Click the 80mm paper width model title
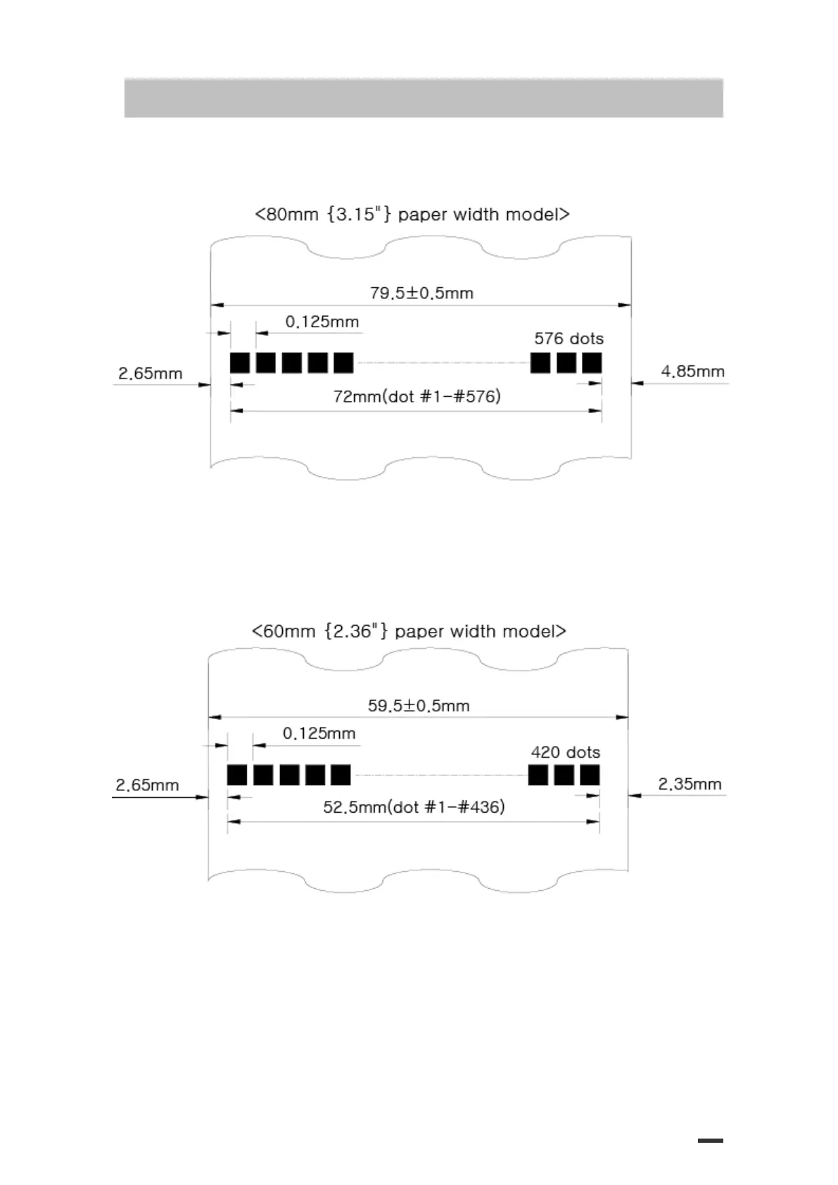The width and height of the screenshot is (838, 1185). [x=412, y=214]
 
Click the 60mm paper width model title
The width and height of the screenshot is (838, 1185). [x=409, y=631]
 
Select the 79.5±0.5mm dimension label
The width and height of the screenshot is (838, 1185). [x=421, y=293]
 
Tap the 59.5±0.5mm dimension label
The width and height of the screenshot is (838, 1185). [x=419, y=705]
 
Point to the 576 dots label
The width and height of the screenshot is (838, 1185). [x=569, y=338]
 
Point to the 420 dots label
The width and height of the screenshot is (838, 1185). [x=565, y=752]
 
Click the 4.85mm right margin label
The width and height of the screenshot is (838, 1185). [x=692, y=371]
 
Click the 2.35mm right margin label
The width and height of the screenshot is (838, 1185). [x=690, y=784]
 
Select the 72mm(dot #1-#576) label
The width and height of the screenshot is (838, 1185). [x=417, y=396]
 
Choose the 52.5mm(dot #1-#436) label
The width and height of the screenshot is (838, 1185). [x=414, y=807]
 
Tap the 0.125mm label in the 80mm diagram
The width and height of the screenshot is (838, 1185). [x=322, y=322]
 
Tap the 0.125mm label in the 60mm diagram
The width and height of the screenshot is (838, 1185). [x=319, y=733]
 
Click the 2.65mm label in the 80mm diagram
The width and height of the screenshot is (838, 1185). [x=150, y=373]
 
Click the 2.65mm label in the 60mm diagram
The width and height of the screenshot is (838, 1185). [x=147, y=785]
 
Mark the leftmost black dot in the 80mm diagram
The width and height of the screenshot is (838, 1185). [x=240, y=363]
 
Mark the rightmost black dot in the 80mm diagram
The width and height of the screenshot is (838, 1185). [x=592, y=363]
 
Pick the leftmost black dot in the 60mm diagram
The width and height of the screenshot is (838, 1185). [x=237, y=775]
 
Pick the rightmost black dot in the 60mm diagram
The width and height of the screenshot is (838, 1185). [x=590, y=775]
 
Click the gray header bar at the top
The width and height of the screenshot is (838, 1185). [x=424, y=98]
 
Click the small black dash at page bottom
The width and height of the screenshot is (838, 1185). [x=710, y=1141]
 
